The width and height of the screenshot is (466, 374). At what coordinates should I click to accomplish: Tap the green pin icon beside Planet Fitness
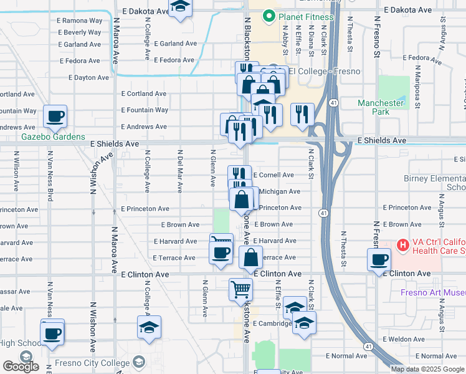click(269, 16)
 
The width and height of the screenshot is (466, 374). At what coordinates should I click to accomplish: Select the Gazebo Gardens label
click(53, 137)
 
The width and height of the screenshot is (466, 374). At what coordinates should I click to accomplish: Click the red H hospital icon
click(402, 244)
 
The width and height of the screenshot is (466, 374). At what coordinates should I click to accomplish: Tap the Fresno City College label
click(87, 362)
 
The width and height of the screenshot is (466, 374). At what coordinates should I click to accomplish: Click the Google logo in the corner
click(21, 367)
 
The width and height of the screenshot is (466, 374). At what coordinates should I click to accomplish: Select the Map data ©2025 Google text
click(427, 369)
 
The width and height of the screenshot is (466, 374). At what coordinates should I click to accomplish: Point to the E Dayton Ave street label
click(84, 78)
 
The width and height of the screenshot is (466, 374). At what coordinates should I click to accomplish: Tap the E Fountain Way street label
click(145, 110)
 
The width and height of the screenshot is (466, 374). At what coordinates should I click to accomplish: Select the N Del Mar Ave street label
click(180, 168)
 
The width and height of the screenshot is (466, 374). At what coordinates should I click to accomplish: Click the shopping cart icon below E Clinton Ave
click(240, 289)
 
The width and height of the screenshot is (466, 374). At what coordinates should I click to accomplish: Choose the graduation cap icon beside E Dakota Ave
click(181, 8)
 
